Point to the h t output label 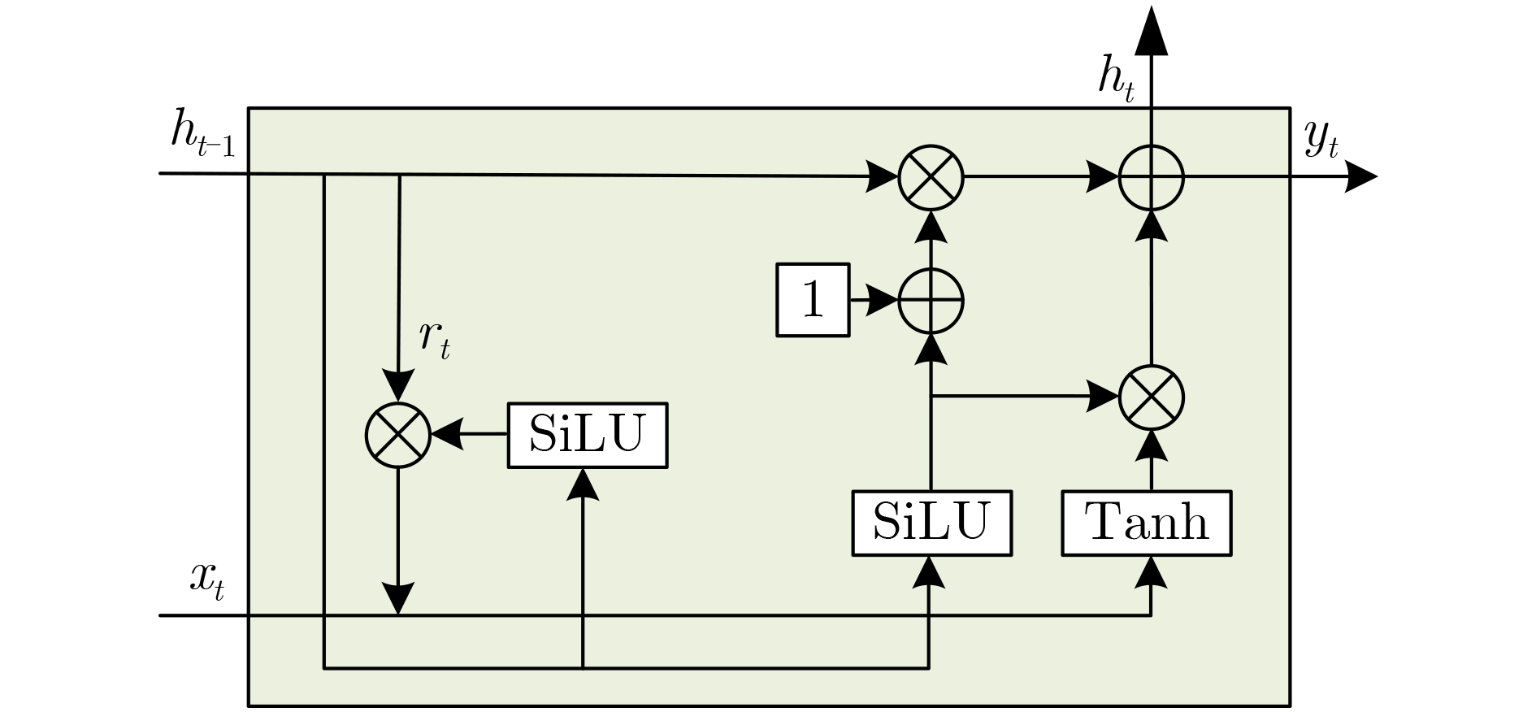click(1115, 82)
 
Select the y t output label click(1321, 140)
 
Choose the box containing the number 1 click(813, 300)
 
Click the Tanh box click(1146, 523)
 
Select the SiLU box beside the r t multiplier click(587, 435)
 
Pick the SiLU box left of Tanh click(931, 523)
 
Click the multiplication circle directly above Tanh click(1151, 397)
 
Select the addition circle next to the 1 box click(931, 301)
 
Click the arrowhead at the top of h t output click(1151, 33)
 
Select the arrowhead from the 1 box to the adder click(882, 301)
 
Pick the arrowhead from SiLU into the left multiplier click(446, 435)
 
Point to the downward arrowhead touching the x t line click(397, 599)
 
